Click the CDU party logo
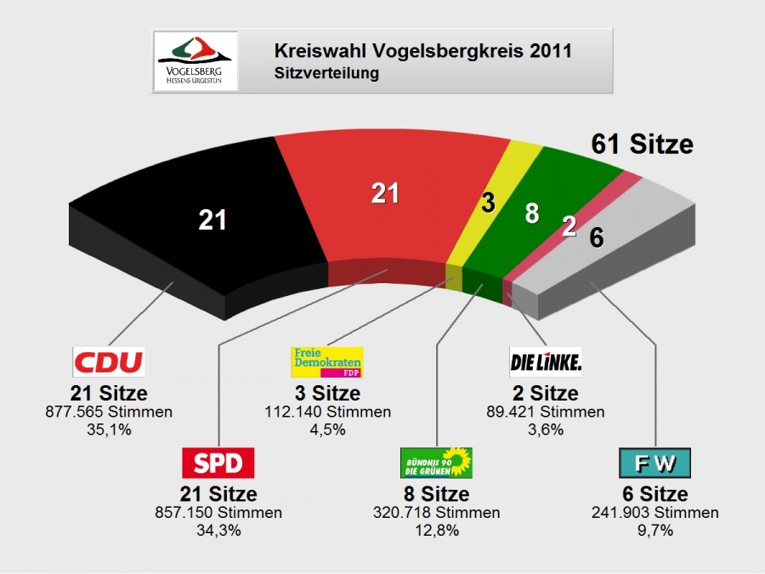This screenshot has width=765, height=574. (x=109, y=361)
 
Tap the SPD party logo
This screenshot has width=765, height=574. (x=218, y=463)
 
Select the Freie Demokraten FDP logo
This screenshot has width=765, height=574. (x=327, y=361)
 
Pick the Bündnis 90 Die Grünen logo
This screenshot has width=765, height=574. (x=436, y=463)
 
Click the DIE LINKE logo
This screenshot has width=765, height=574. (x=546, y=362)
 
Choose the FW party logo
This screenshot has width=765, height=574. (x=654, y=463)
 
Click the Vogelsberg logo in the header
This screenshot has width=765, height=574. (x=195, y=61)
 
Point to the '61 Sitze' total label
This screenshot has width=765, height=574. (x=643, y=144)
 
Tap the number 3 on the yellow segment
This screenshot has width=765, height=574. (x=488, y=202)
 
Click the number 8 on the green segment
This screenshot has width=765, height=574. (x=532, y=213)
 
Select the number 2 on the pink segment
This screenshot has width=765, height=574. (x=569, y=225)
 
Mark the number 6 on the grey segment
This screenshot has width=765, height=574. (x=597, y=239)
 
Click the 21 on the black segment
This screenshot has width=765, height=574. (x=212, y=220)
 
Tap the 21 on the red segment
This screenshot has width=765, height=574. (x=385, y=194)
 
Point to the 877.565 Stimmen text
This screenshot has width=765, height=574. (x=109, y=412)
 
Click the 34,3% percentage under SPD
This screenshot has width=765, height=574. (x=218, y=531)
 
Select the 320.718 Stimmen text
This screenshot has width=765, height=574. (x=436, y=513)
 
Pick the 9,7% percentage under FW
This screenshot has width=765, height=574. (x=654, y=531)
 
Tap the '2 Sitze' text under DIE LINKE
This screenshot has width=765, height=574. (x=546, y=394)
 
